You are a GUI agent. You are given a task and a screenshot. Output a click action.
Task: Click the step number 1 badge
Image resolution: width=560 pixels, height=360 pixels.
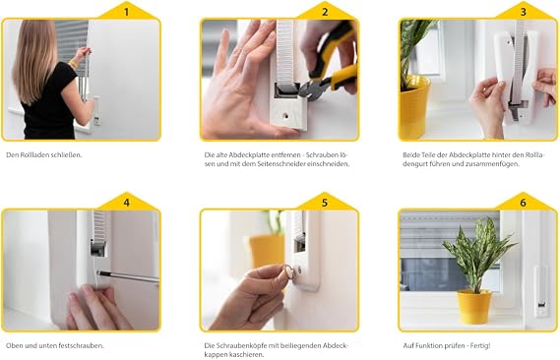[x=126, y=12]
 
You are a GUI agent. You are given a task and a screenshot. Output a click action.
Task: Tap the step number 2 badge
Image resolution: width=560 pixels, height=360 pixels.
[x=324, y=12]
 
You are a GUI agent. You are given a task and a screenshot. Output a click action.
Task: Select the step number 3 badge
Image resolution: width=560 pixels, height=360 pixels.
[x=523, y=12]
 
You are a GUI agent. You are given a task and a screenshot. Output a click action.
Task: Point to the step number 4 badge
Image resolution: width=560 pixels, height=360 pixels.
[x=126, y=203]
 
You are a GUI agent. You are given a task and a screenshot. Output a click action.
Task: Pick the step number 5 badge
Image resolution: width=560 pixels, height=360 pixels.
[x=324, y=203]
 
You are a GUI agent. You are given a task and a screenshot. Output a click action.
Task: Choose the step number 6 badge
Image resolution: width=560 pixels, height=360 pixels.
[x=523, y=203]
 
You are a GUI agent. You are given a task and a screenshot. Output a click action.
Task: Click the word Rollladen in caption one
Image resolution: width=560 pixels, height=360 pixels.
[x=34, y=154]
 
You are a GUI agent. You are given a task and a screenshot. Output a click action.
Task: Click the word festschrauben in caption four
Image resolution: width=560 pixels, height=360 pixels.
[x=84, y=345]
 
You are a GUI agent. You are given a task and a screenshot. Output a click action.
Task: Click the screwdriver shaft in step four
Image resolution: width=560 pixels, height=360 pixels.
[x=129, y=276]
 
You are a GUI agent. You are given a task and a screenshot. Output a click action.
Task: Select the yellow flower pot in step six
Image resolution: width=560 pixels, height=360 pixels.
[x=474, y=307]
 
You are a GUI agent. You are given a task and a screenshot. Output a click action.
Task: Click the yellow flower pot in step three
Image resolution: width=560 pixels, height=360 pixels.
[x=414, y=108]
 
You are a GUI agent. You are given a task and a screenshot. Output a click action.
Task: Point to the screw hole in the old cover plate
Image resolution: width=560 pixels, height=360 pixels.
[x=285, y=116]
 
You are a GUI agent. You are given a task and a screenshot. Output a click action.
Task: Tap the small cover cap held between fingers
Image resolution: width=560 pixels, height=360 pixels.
[x=289, y=273]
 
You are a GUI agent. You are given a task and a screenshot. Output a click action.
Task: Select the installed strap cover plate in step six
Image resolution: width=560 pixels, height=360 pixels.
[x=541, y=292]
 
